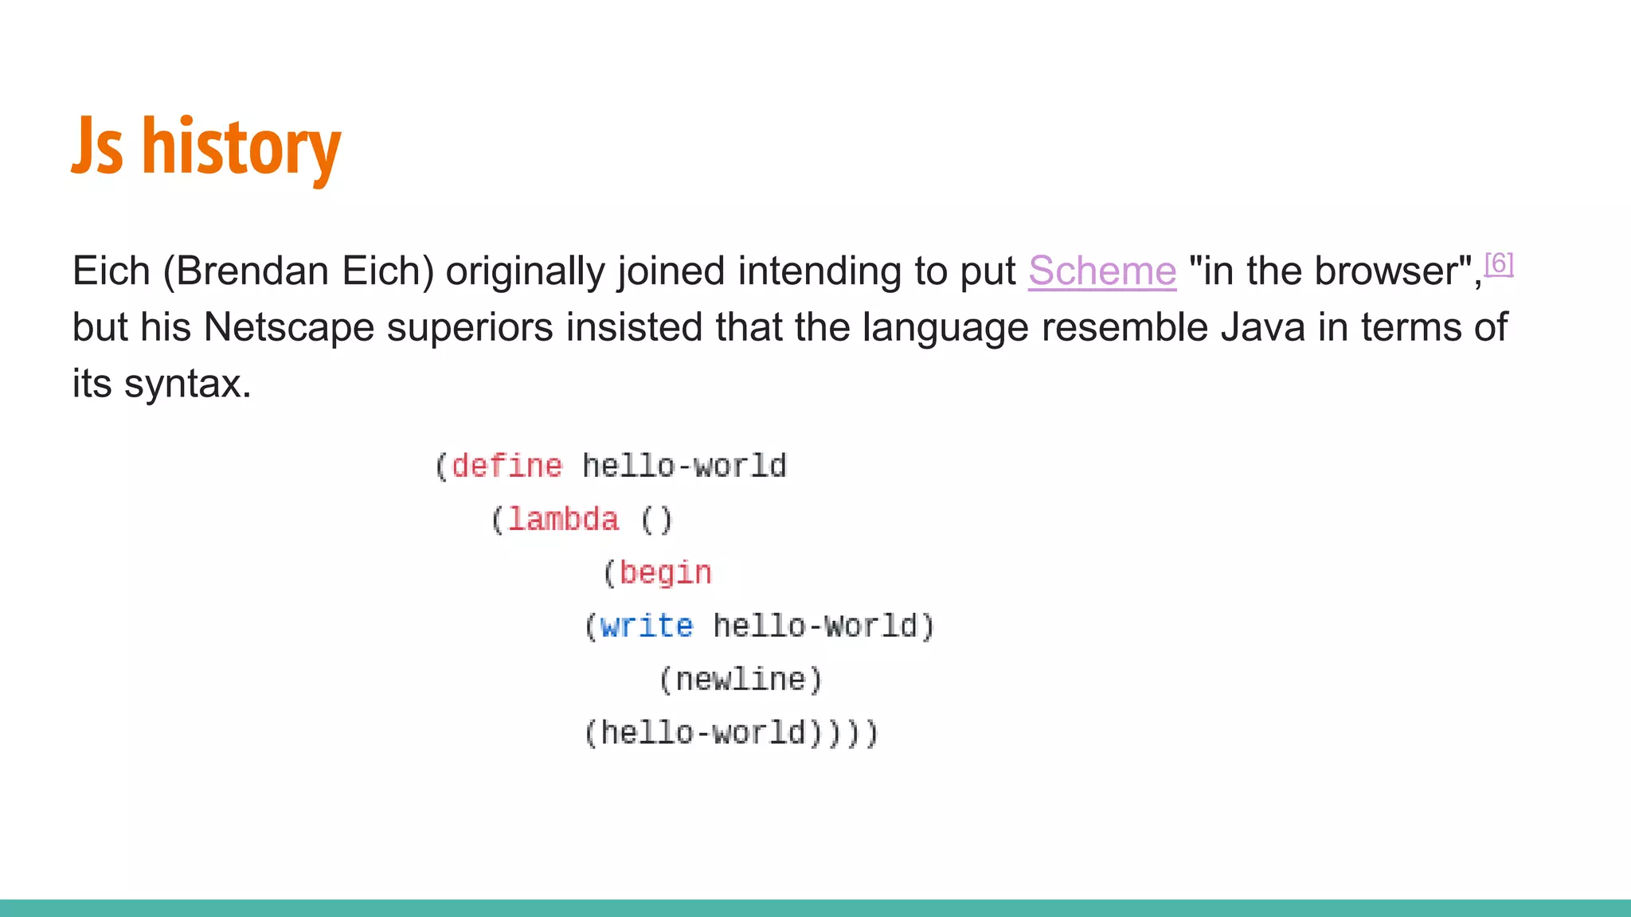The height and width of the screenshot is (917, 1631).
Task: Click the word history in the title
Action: click(241, 147)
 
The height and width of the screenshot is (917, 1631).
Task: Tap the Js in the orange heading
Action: click(97, 147)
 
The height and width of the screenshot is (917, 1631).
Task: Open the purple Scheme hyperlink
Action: click(1101, 271)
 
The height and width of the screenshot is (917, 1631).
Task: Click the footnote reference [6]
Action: click(1498, 263)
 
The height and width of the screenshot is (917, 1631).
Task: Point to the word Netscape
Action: click(288, 327)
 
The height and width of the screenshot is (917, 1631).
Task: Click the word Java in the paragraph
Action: click(1262, 327)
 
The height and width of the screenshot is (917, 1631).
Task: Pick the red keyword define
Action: click(507, 466)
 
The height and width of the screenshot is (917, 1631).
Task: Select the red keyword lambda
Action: click(563, 519)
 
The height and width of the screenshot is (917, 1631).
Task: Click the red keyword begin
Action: click(665, 572)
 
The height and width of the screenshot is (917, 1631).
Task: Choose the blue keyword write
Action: click(646, 626)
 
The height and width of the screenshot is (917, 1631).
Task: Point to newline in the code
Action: click(741, 679)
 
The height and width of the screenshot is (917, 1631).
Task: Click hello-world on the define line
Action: click(684, 466)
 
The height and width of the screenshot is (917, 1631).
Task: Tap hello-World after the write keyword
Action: click(815, 626)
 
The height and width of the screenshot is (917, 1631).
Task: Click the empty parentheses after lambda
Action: click(657, 520)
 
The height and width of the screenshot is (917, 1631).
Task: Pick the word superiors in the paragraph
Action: click(470, 327)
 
